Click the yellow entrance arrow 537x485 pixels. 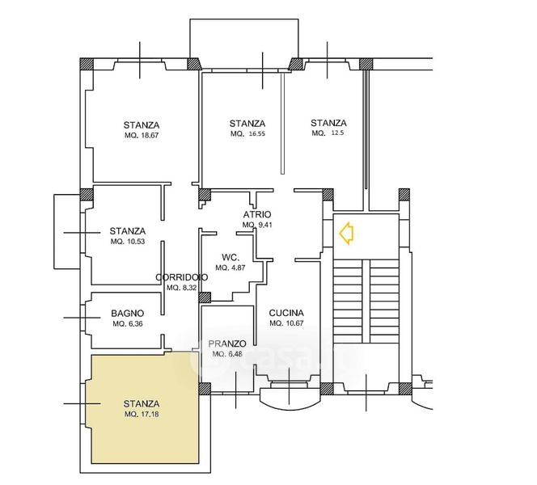[346, 233]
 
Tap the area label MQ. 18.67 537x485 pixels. [142, 135]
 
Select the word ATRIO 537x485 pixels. [257, 214]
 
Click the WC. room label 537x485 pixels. [230, 257]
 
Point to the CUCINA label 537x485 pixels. [286, 313]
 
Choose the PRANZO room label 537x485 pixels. [227, 344]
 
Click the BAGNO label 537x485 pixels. [128, 313]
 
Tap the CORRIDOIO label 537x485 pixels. [182, 277]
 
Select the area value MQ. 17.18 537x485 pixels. [142, 414]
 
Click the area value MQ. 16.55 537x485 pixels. [247, 134]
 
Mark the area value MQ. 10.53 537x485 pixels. [128, 242]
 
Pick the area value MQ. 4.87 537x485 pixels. [230, 268]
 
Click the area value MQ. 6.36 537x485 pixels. [128, 324]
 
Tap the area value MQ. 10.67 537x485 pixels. [286, 323]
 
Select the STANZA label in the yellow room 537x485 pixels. [142, 404]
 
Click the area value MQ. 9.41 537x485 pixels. [257, 226]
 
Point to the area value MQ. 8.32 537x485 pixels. [181, 288]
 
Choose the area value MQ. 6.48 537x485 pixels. [227, 354]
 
